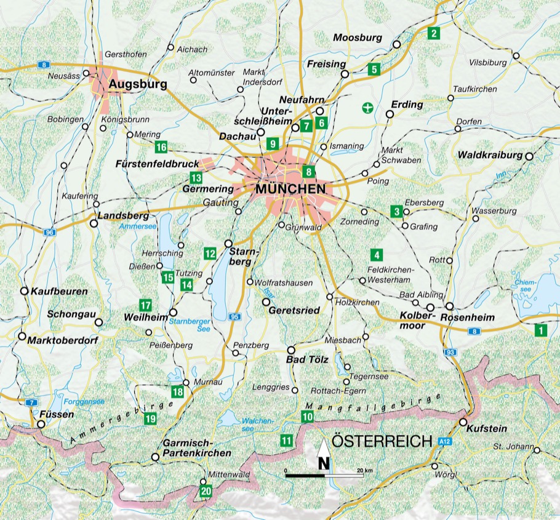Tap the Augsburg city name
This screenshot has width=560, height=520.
click(x=138, y=85)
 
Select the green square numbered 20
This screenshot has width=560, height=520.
click(x=205, y=491)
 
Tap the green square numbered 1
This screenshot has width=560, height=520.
click(x=540, y=330)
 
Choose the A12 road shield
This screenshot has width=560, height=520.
click(x=446, y=441)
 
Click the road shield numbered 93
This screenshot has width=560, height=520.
click(x=450, y=352)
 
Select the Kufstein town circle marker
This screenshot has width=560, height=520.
click(x=463, y=422)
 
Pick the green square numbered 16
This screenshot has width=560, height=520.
click(x=161, y=146)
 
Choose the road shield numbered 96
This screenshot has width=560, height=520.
click(x=50, y=232)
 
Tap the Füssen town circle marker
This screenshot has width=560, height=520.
click(x=41, y=424)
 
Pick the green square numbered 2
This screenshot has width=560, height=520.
click(x=434, y=33)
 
